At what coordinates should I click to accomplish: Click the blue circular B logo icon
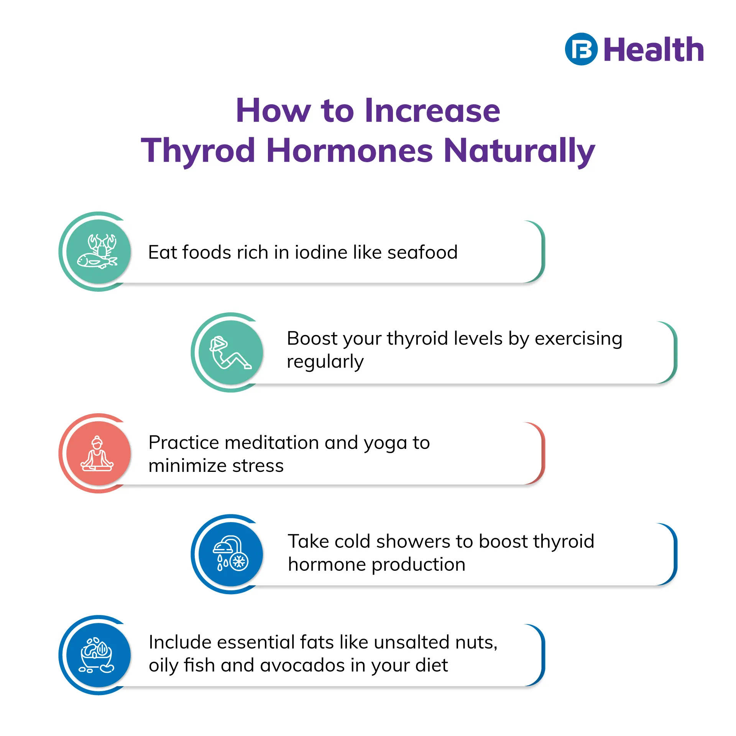(581, 49)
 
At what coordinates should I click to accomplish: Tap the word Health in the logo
(654, 49)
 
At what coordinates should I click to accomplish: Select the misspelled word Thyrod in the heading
(198, 150)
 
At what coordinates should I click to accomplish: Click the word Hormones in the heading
(350, 150)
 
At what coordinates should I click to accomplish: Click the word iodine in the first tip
(321, 252)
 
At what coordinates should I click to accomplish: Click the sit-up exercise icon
(230, 353)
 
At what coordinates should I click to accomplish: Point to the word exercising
(578, 339)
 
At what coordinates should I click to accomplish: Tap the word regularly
(325, 362)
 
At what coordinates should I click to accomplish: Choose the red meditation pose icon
(97, 453)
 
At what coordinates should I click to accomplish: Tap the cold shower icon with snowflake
(231, 553)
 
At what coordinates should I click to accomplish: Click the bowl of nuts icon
(97, 655)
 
